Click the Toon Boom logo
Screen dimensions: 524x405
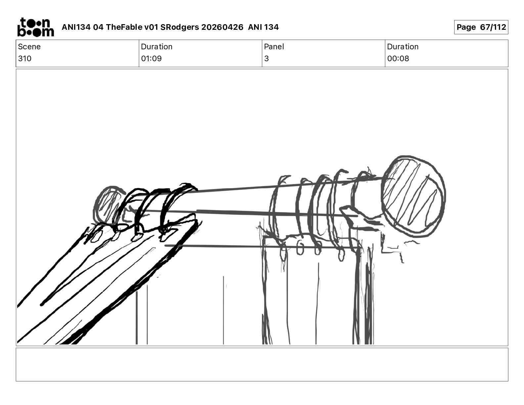(x=36, y=27)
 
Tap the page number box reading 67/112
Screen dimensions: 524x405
(x=481, y=27)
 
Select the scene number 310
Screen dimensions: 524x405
(x=24, y=58)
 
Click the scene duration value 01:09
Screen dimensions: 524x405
(x=151, y=58)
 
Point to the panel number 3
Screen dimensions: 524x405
(x=266, y=58)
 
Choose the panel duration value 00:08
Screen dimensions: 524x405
(x=398, y=58)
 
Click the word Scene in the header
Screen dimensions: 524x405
(x=29, y=47)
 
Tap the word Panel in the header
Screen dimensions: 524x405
(x=274, y=47)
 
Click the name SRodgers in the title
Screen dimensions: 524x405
(x=180, y=27)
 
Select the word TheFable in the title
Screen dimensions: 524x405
(x=124, y=27)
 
